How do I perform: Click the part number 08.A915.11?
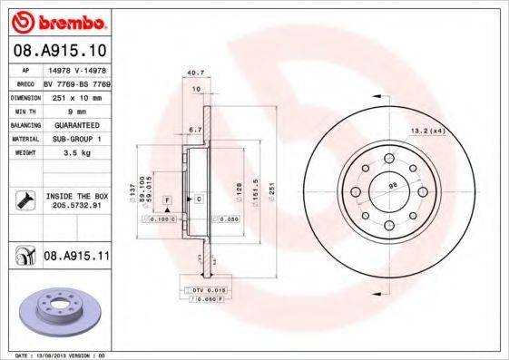[76, 258]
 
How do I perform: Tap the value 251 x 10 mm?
[71, 95]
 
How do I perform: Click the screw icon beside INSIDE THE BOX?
[23, 200]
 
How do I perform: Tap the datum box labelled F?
[168, 198]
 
